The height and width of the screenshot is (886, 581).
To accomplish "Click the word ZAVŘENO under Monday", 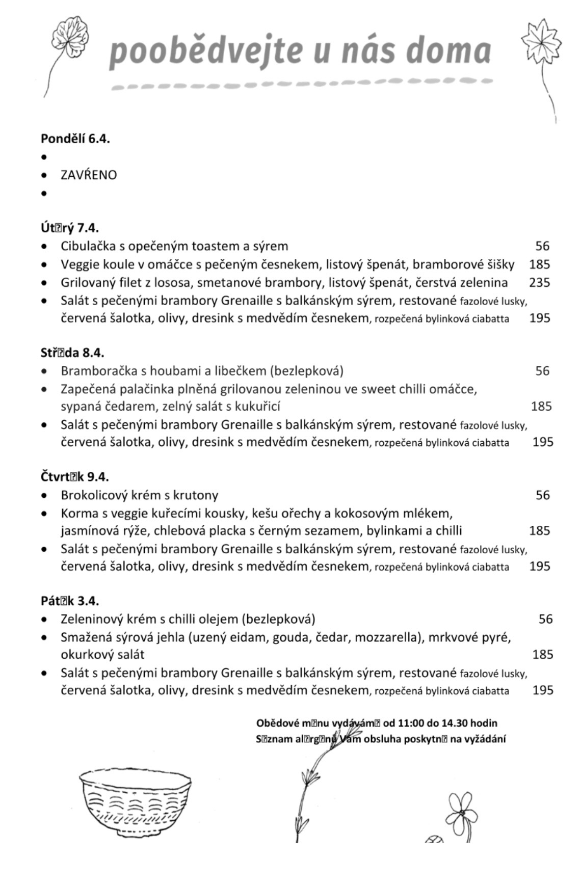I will coord(89,175).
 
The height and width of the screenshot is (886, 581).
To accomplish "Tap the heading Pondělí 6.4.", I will coord(75,139).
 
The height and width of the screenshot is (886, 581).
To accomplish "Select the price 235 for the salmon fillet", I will coord(539,282).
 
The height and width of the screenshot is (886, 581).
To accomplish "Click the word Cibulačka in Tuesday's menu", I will coord(87,246).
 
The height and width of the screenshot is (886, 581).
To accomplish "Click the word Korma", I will coord(75,513).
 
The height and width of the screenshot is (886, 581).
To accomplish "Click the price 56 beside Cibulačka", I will coord(542,246).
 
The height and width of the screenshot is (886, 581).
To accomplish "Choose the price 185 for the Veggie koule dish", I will coord(539,264).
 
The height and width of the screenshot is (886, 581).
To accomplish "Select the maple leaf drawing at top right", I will coord(541,43).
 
